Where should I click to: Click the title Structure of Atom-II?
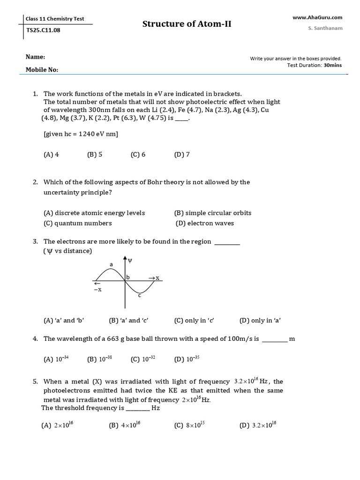187,24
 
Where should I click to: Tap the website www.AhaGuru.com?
317,17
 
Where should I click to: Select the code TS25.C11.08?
44,30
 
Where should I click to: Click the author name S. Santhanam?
325,28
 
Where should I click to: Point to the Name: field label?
35,57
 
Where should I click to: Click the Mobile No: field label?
42,69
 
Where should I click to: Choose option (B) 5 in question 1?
95,154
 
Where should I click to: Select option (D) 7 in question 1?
182,154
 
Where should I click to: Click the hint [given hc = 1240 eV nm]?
81,134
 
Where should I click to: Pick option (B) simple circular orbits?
213,213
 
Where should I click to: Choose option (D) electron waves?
205,223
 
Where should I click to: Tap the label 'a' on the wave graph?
112,265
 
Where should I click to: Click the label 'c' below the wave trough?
139,295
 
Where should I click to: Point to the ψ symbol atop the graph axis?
130,259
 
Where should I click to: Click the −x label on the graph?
97,290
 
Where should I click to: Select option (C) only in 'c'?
194,321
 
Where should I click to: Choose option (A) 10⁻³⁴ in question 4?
56,360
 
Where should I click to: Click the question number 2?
35,182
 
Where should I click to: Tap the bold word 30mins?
333,65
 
